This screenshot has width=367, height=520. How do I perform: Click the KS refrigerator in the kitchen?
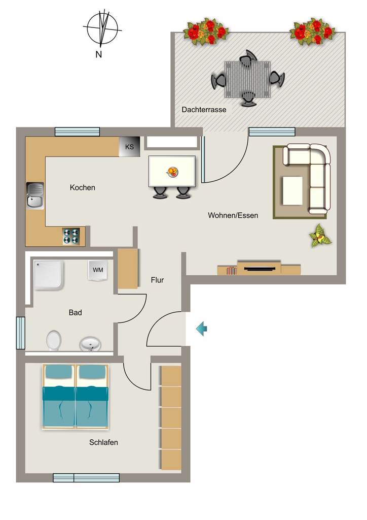coord(129,147)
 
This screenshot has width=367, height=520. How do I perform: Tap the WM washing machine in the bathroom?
coord(98,270)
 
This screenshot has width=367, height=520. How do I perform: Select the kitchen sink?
coord(35,196)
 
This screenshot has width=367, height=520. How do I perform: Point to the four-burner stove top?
coord(71,236)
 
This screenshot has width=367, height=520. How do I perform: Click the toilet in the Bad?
coord(54,340)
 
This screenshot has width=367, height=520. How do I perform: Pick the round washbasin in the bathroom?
coord(90,344)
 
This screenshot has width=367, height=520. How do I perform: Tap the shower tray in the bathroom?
coord(49,275)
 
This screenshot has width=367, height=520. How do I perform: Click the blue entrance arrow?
coord(202,329)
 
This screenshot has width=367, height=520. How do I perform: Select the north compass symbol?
coord(102,28)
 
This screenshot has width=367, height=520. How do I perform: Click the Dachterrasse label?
coord(204,110)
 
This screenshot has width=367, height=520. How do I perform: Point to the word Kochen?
coord(83,188)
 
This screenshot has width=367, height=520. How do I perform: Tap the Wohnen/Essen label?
coord(233,215)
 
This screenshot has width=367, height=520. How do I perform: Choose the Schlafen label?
coord(103,442)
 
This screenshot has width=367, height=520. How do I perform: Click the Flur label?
coord(157,280)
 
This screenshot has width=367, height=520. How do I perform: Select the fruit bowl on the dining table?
coord(172,172)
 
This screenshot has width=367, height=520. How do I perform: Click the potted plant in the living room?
coord(320,236)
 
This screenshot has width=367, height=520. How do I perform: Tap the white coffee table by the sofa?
coord(292,191)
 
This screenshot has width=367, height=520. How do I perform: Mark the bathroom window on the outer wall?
coord(20,333)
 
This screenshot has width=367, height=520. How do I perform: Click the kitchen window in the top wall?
coord(77,132)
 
